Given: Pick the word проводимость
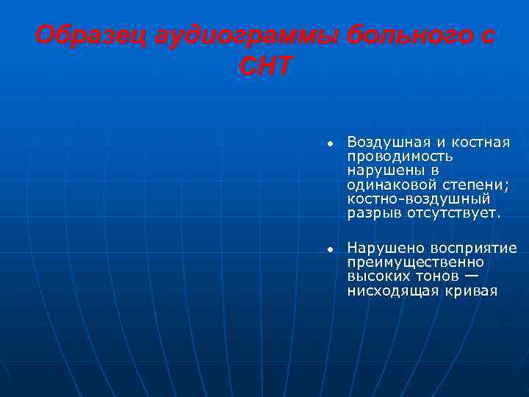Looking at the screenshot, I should point(400,156).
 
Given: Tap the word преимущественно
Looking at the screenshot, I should point(415,262).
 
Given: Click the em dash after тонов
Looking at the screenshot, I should point(471,276).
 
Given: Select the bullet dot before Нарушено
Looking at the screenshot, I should point(331,249).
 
